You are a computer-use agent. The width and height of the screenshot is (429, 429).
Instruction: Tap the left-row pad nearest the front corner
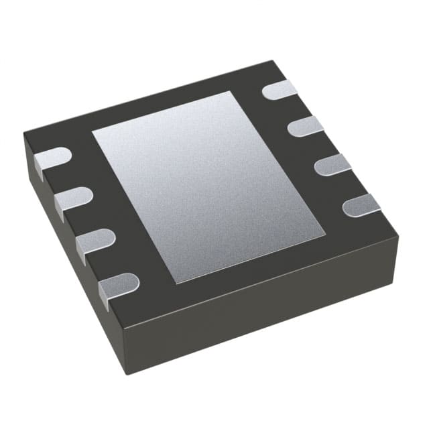[x=119, y=286]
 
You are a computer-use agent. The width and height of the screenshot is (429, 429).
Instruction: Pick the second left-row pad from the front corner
[x=95, y=242]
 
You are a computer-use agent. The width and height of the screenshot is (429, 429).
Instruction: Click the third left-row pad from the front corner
[x=72, y=200]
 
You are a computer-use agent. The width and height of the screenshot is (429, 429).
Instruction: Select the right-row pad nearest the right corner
[x=362, y=205]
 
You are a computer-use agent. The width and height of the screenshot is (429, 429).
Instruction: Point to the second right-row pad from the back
[x=306, y=125]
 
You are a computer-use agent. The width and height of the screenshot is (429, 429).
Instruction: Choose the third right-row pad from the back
[x=333, y=164]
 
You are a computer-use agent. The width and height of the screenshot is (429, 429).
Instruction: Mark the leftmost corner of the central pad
[x=93, y=130]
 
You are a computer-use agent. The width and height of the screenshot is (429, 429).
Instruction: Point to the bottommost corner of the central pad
[x=177, y=284]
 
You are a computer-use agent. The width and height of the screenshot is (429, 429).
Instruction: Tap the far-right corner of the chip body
[x=398, y=235]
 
